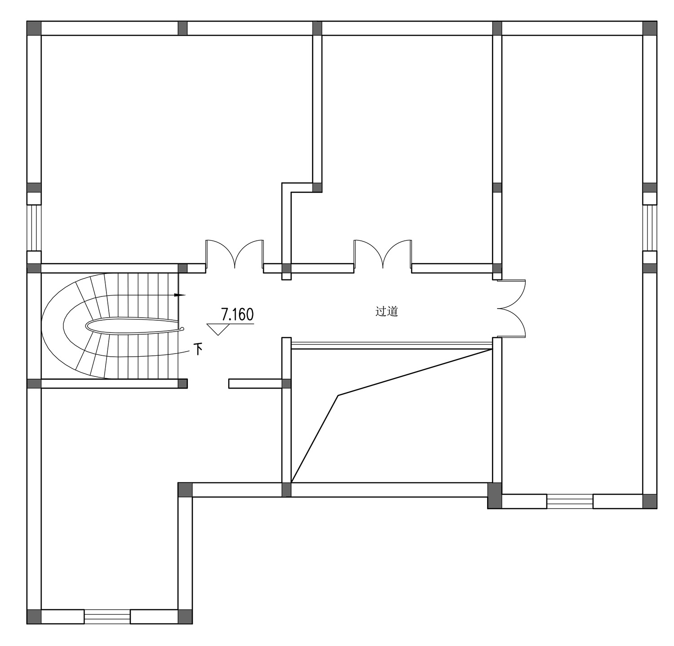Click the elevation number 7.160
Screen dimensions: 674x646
point(237,314)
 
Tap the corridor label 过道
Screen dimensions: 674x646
point(387,311)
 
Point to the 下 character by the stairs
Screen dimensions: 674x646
point(198,349)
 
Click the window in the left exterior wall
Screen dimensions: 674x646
point(34,228)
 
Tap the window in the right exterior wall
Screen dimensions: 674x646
point(650,228)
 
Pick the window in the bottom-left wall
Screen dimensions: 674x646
point(107,616)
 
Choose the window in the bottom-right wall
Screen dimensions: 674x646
point(570,501)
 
